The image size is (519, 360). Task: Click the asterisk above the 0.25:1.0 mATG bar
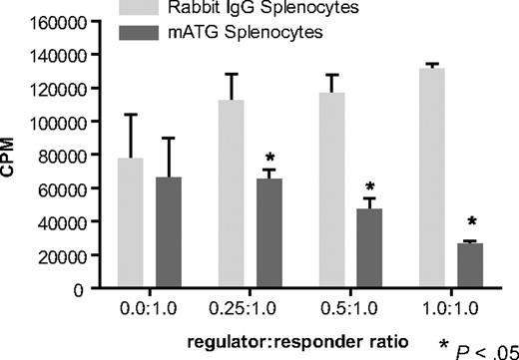pyautogui.click(x=268, y=159)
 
